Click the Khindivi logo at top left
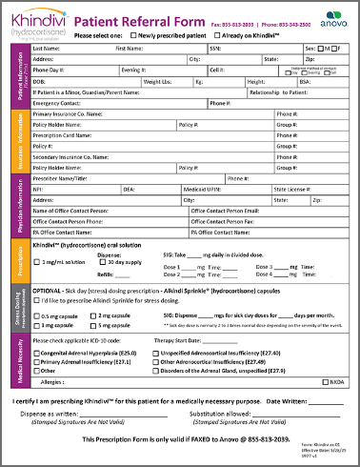[38, 21]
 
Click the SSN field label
[216, 47]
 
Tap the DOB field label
[39, 81]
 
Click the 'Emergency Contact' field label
[56, 103]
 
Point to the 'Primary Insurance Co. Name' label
[68, 114]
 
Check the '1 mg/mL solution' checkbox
[37, 262]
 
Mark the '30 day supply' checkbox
[102, 262]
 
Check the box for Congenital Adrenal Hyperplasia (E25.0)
[37, 353]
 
